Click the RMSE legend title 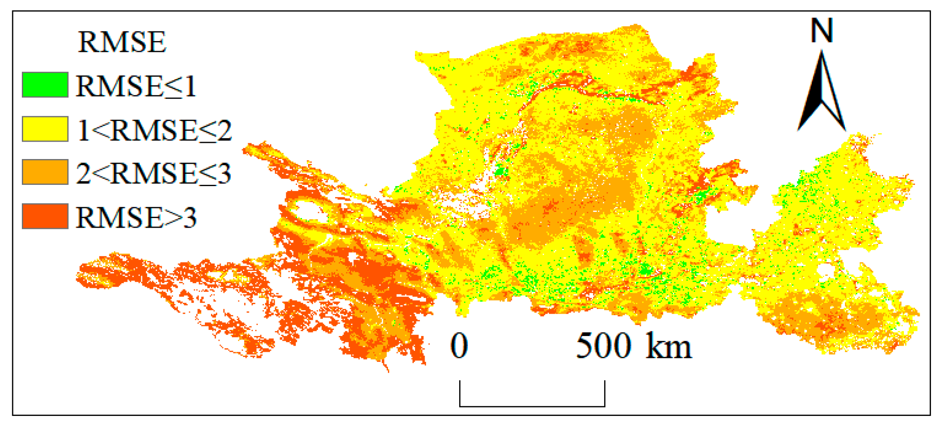122,42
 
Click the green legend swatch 45,85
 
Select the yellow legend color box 45,129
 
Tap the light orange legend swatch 45,172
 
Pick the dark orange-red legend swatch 45,216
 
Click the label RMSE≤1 135,86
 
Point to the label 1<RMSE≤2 154,130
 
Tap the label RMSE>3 136,218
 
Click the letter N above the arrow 822,31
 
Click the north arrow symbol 822,92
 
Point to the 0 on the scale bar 459,346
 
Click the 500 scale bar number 604,346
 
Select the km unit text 668,346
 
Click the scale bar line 532,406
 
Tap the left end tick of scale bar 460,393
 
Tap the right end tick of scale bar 605,393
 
